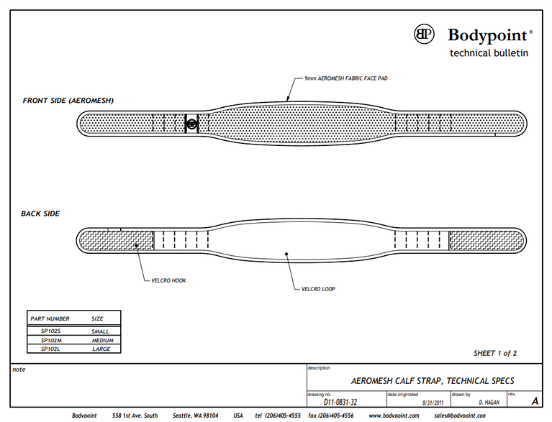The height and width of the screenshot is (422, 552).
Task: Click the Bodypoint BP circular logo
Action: coord(425,34)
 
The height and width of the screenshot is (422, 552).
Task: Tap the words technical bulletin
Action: coord(489,52)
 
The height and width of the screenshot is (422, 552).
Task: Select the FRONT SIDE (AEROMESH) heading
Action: coord(68,101)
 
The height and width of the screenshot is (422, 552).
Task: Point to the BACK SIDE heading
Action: coord(40,214)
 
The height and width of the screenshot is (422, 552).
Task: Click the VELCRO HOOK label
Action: coord(168,280)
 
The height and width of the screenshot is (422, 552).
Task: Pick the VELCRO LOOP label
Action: coord(318,289)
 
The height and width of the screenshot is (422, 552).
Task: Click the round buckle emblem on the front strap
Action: coord(191,124)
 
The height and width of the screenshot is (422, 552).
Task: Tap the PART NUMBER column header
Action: coord(50,318)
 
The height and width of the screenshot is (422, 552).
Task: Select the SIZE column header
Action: coord(97,318)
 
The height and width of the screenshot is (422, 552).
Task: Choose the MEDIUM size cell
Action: coord(102,340)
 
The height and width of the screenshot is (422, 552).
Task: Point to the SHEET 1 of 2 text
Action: coord(495,353)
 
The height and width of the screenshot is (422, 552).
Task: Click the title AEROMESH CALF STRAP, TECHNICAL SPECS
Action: coord(432,380)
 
